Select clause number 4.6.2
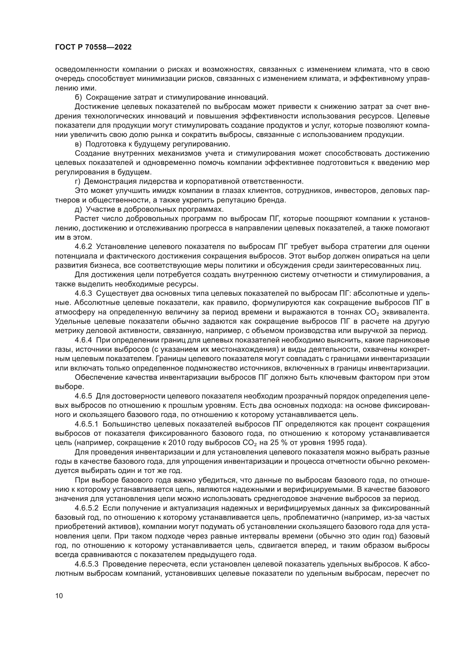pyautogui.click(x=83, y=246)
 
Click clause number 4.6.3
pyautogui.click(x=83, y=293)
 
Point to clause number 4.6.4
pyautogui.click(x=83, y=340)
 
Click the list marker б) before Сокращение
pyautogui.click(x=78, y=97)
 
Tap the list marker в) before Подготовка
pyautogui.click(x=78, y=144)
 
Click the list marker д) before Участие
pyautogui.click(x=78, y=209)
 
